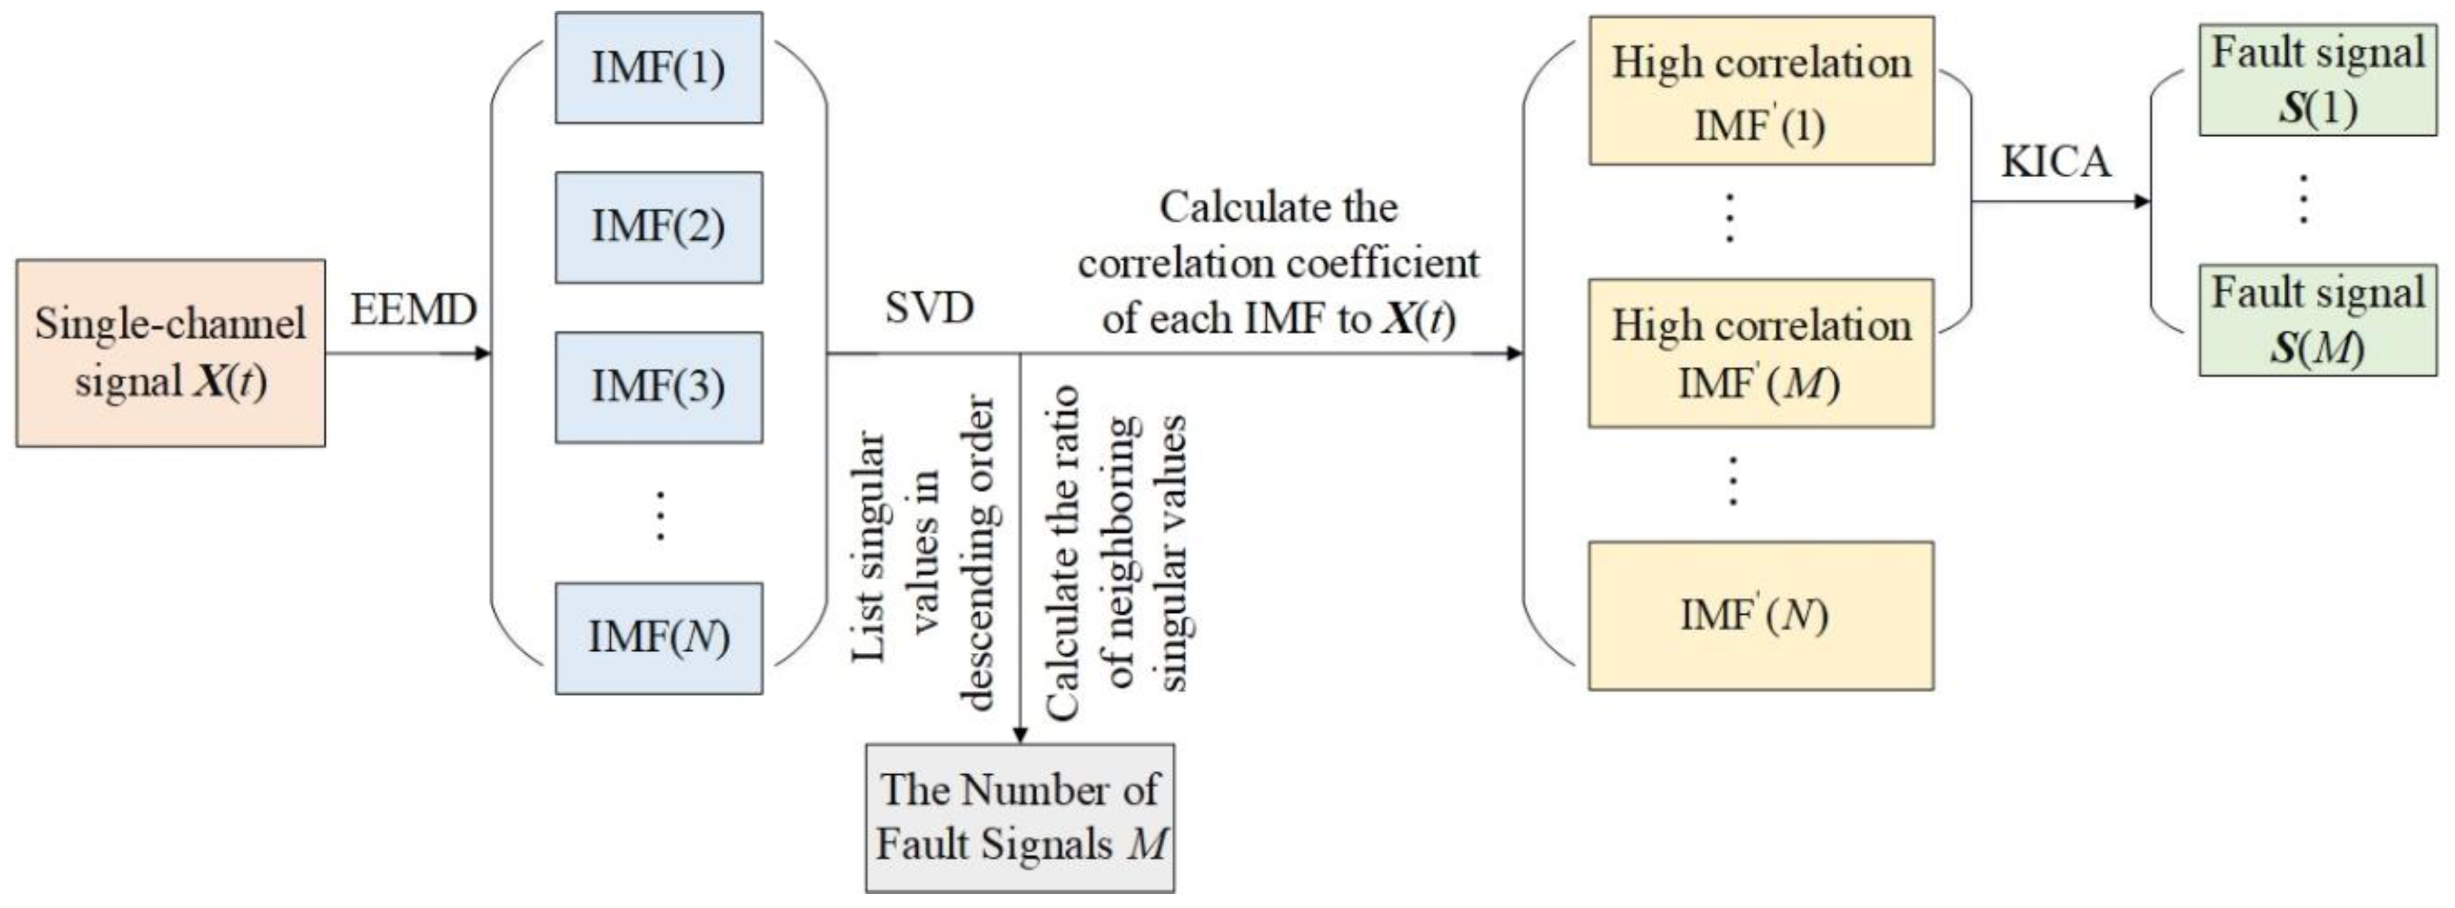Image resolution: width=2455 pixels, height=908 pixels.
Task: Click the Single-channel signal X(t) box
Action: tap(170, 352)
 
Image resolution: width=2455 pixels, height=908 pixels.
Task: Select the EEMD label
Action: tap(413, 310)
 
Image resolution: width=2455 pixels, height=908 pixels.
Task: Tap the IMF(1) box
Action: tap(659, 68)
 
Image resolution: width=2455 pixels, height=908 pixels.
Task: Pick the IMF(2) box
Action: tap(659, 227)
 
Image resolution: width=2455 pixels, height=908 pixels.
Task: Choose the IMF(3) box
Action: tap(659, 387)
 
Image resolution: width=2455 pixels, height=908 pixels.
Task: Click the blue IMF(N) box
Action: tap(659, 638)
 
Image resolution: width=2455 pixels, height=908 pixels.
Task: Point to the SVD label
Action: tap(928, 308)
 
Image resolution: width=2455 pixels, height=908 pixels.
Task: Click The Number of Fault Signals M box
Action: tap(1020, 817)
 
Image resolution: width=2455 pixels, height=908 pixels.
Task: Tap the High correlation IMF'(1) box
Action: tap(1760, 91)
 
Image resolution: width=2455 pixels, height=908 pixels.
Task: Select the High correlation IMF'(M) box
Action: tap(1760, 352)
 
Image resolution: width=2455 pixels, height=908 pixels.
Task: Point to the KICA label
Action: tap(2055, 161)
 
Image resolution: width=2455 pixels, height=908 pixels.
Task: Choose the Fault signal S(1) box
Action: tap(2317, 80)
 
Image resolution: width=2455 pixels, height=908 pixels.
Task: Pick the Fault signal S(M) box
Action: tap(2317, 320)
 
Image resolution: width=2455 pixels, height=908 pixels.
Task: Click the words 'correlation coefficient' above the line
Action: tap(1278, 263)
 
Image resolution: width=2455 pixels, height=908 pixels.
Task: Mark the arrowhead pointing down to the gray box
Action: tap(1020, 735)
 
